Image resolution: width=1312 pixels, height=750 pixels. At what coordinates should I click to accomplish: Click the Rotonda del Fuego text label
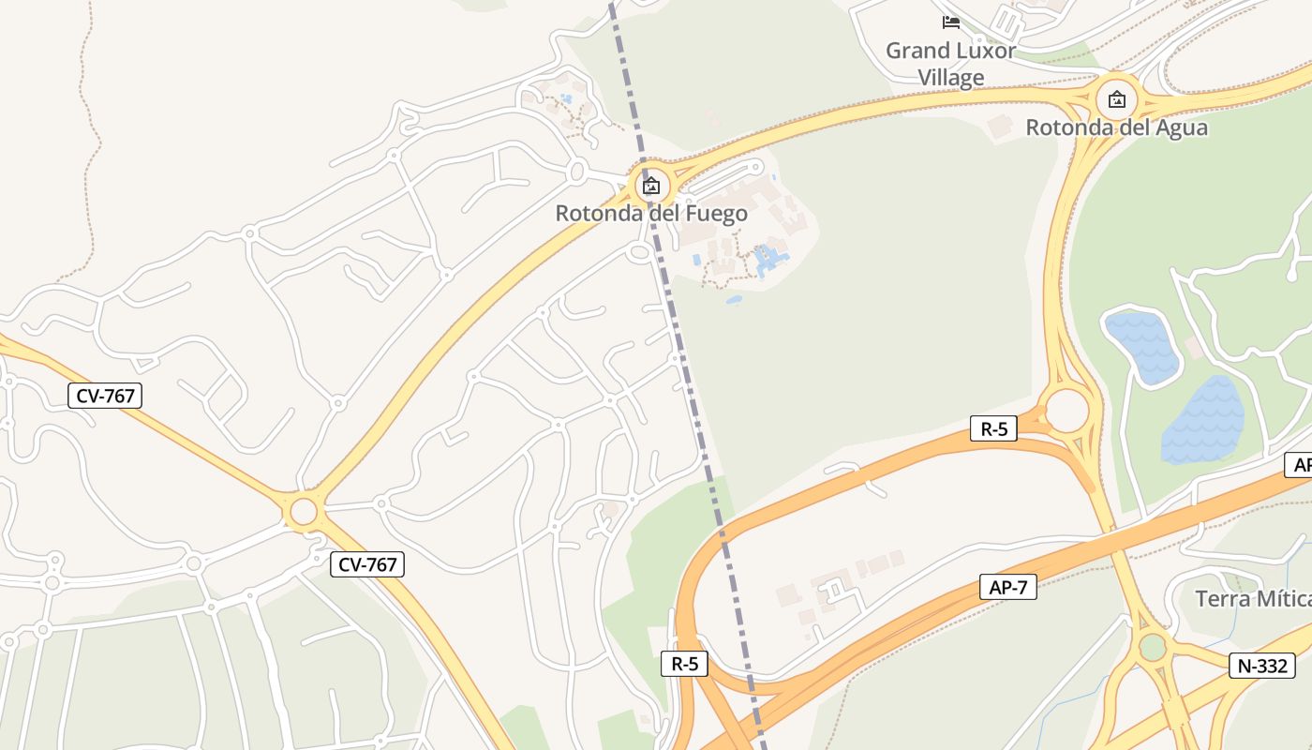tap(651, 213)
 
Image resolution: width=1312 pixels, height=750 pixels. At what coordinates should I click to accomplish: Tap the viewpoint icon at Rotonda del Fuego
tap(650, 186)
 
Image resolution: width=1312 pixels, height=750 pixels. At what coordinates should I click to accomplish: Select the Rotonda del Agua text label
tap(1116, 127)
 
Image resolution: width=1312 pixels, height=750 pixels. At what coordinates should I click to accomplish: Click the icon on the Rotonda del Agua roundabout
tap(1116, 98)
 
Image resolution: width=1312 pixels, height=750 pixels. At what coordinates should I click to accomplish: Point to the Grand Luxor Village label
tap(950, 64)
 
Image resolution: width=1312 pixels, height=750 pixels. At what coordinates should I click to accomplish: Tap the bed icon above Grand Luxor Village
tap(951, 22)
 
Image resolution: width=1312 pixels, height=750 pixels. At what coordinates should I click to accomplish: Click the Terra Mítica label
tap(1252, 598)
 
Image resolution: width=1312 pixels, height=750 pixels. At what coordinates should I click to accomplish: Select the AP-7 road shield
tap(1008, 588)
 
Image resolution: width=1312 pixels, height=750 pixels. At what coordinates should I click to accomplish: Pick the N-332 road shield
tap(1262, 666)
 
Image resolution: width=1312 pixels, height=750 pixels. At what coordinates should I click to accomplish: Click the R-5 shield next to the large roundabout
tap(993, 429)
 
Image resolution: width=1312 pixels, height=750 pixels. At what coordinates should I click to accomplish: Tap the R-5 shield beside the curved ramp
tap(685, 664)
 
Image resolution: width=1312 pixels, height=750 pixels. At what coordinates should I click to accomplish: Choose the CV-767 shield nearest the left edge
tap(105, 396)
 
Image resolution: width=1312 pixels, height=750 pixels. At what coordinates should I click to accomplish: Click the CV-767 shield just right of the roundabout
tap(367, 564)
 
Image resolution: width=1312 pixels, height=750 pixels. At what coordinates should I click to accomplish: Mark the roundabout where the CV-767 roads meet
tap(304, 512)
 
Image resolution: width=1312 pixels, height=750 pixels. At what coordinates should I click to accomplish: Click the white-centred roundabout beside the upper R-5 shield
tap(1066, 411)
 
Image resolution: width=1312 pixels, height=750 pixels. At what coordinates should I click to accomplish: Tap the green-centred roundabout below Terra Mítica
tap(1152, 647)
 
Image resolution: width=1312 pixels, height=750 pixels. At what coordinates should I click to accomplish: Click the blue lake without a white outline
tap(1203, 421)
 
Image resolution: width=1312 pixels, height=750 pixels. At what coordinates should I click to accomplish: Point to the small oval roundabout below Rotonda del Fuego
tap(641, 252)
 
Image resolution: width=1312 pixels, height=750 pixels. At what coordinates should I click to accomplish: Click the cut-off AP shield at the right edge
tap(1301, 465)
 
